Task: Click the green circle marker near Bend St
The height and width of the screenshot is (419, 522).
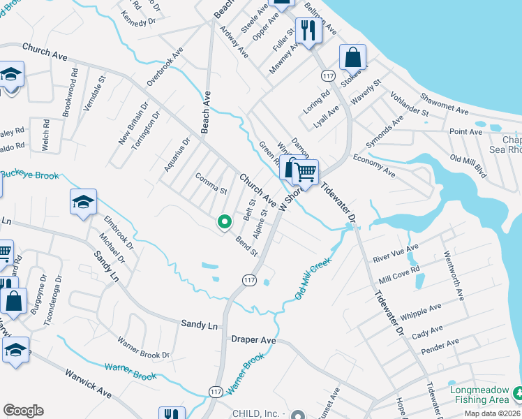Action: click(x=224, y=222)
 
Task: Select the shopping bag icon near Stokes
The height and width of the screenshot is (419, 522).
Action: click(x=353, y=57)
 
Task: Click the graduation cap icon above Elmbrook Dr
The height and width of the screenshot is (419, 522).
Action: click(x=83, y=203)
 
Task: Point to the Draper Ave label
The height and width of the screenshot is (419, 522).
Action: click(x=253, y=340)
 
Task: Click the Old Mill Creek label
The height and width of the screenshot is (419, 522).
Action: click(x=312, y=279)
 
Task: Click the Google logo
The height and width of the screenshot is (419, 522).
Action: click(x=23, y=410)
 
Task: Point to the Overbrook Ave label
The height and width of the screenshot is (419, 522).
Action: click(x=165, y=67)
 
